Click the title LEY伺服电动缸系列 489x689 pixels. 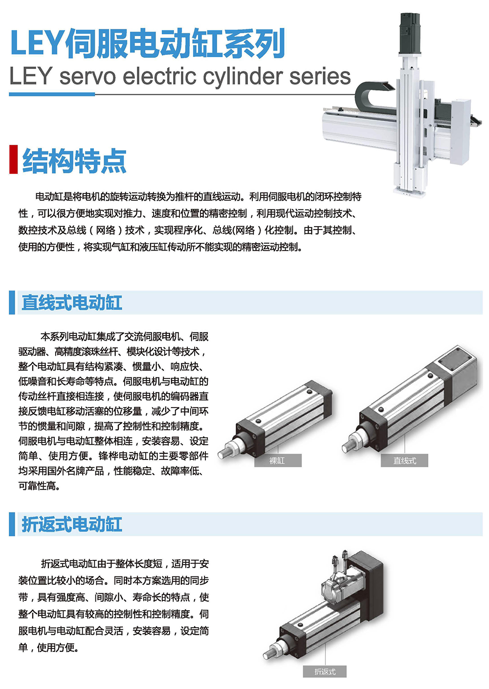coord(148,43)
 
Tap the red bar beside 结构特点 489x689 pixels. coord(13,160)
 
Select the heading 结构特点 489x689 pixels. coord(74,161)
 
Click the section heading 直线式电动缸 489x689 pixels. coord(71,303)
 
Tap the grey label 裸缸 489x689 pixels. coord(278,460)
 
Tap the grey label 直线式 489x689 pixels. coord(404,460)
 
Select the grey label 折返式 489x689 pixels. coord(325,671)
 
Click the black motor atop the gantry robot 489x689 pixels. coord(410,33)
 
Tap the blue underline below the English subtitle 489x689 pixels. coord(52,94)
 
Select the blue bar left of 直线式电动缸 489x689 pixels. coord(12,302)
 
